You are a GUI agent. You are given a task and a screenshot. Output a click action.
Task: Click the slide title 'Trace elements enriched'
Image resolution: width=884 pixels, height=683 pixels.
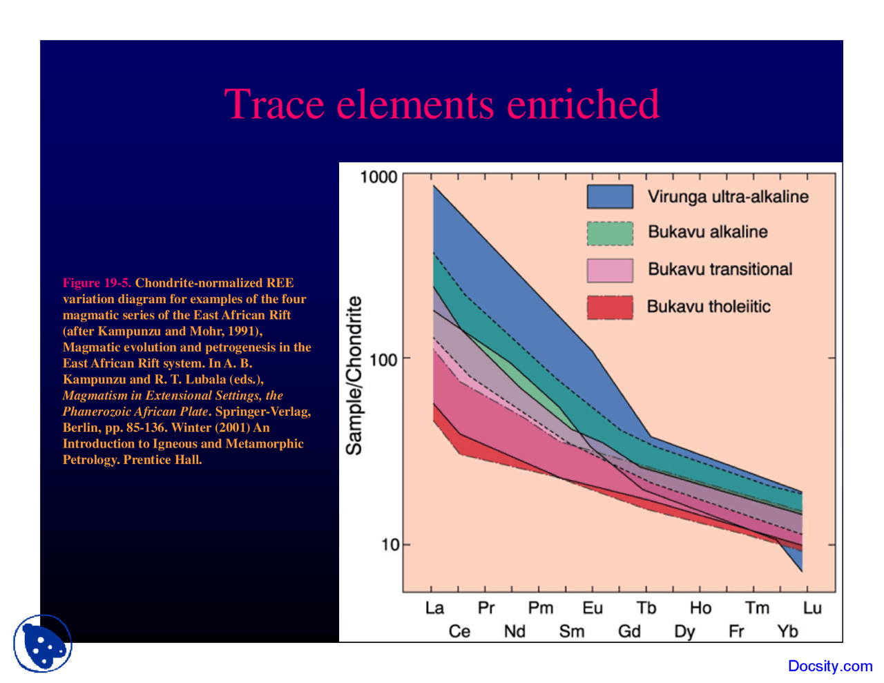click(x=442, y=104)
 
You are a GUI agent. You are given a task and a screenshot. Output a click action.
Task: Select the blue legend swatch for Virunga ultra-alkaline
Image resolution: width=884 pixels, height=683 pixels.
click(x=610, y=197)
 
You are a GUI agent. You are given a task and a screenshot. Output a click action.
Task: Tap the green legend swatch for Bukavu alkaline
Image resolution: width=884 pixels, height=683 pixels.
click(x=610, y=233)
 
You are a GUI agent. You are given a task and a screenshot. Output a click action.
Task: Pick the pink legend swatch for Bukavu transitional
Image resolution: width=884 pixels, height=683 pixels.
click(x=610, y=270)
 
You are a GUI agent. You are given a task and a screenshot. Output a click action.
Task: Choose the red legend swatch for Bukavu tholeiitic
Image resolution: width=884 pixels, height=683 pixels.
click(x=610, y=307)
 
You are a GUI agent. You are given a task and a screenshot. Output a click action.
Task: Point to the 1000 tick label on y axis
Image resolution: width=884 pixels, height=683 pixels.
click(x=378, y=177)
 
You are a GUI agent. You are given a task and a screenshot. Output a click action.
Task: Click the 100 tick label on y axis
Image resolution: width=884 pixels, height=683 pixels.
click(x=383, y=360)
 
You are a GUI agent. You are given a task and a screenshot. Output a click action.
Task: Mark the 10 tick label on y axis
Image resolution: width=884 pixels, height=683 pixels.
click(x=390, y=545)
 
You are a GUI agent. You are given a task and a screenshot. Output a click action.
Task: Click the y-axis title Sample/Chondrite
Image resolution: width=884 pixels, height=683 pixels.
click(x=354, y=376)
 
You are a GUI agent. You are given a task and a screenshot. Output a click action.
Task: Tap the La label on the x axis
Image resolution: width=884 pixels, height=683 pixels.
click(x=434, y=608)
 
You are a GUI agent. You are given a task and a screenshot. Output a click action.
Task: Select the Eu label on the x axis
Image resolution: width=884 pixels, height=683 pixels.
click(x=593, y=608)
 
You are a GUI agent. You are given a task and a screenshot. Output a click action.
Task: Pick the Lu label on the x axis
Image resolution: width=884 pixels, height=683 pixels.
click(x=812, y=608)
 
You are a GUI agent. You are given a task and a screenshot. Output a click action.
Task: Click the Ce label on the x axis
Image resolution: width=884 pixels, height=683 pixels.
click(x=459, y=631)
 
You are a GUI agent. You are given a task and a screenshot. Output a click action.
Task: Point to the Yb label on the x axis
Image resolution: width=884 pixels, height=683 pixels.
click(x=787, y=631)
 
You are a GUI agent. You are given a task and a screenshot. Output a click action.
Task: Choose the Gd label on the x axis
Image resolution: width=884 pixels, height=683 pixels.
click(x=629, y=631)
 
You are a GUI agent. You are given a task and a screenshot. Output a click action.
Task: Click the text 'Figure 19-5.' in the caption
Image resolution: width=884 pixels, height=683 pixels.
click(x=97, y=283)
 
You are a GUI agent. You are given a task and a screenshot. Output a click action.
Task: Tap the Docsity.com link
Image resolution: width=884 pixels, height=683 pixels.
click(x=830, y=666)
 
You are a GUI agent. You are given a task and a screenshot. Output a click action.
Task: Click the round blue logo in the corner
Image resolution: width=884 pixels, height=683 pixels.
click(x=43, y=644)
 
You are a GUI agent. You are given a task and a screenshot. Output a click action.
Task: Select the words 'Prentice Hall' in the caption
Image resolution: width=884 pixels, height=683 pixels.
click(x=162, y=460)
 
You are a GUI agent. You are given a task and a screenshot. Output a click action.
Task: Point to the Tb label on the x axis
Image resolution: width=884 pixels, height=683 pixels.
click(x=646, y=608)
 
